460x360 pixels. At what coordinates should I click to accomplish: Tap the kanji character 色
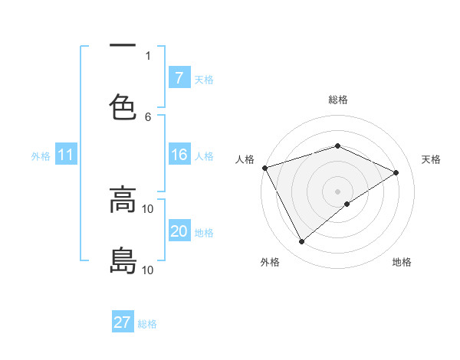123,107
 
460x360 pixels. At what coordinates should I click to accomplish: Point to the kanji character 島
123,260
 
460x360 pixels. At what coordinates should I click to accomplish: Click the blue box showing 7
179,77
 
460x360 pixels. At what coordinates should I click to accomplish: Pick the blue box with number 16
179,155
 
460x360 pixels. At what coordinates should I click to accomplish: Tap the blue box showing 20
179,231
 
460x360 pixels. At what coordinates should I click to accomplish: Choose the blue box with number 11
66,155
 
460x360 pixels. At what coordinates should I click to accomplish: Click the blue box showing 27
123,322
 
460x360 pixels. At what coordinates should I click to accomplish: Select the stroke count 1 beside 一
148,55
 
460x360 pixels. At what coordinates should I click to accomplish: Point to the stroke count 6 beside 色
148,116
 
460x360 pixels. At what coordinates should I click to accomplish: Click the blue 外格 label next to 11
41,156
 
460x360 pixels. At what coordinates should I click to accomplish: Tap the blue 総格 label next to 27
147,324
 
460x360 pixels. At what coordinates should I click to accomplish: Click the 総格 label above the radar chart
338,100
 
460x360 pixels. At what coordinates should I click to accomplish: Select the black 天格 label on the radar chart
432,159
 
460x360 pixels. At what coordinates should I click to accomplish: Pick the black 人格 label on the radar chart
245,159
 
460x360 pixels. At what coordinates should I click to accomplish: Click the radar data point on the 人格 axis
264,168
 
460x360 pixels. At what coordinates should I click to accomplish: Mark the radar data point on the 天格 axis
396,172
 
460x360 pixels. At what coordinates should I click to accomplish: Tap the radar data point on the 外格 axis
301,242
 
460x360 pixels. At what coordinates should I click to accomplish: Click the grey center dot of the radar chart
338,191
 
